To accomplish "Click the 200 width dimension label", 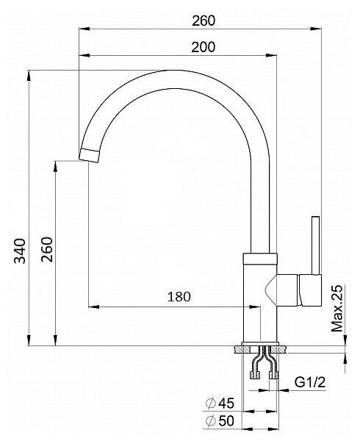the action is [x=204, y=47].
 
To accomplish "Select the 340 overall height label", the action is [x=20, y=251].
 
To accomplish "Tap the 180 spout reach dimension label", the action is [x=179, y=296].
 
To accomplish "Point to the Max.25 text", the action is [x=337, y=308].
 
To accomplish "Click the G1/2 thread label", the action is [x=310, y=382].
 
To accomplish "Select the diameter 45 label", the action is [x=220, y=403].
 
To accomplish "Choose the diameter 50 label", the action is [x=220, y=421].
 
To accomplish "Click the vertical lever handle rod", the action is [x=316, y=245].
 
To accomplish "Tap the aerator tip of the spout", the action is [x=90, y=156].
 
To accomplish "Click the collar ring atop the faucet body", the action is [x=260, y=259].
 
